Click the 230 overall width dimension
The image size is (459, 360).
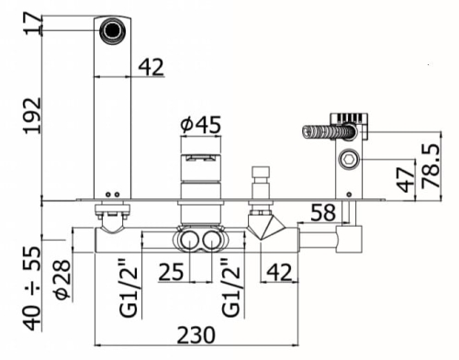coord(196,335)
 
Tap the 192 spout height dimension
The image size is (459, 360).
coord(32,116)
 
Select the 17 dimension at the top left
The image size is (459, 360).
coord(32,23)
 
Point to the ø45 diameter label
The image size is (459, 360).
coord(200,125)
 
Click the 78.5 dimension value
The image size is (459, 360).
coord(431,165)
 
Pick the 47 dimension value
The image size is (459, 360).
coord(405,180)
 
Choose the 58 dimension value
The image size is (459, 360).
coord(323,212)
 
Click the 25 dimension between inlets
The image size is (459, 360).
coord(171,272)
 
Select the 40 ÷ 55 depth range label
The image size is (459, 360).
coord(32,287)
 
